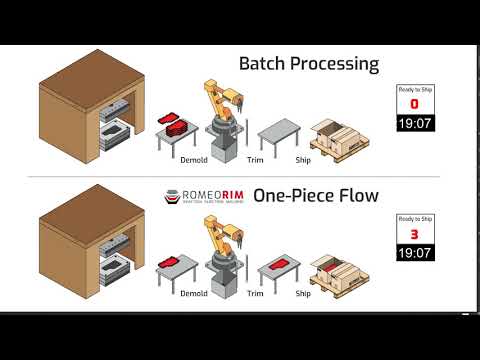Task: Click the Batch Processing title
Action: pyautogui.click(x=309, y=64)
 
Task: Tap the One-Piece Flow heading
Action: pyautogui.click(x=316, y=196)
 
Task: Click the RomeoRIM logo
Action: pyautogui.click(x=204, y=196)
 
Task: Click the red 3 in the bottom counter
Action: pyautogui.click(x=414, y=236)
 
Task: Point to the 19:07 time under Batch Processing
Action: pyautogui.click(x=414, y=124)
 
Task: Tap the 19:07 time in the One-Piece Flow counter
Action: pyautogui.click(x=414, y=254)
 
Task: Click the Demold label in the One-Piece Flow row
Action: pyautogui.click(x=194, y=294)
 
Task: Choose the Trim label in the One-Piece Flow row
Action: pyautogui.click(x=255, y=294)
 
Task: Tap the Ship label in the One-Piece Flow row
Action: pyautogui.click(x=303, y=294)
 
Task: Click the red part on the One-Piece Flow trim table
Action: pyautogui.click(x=278, y=264)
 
